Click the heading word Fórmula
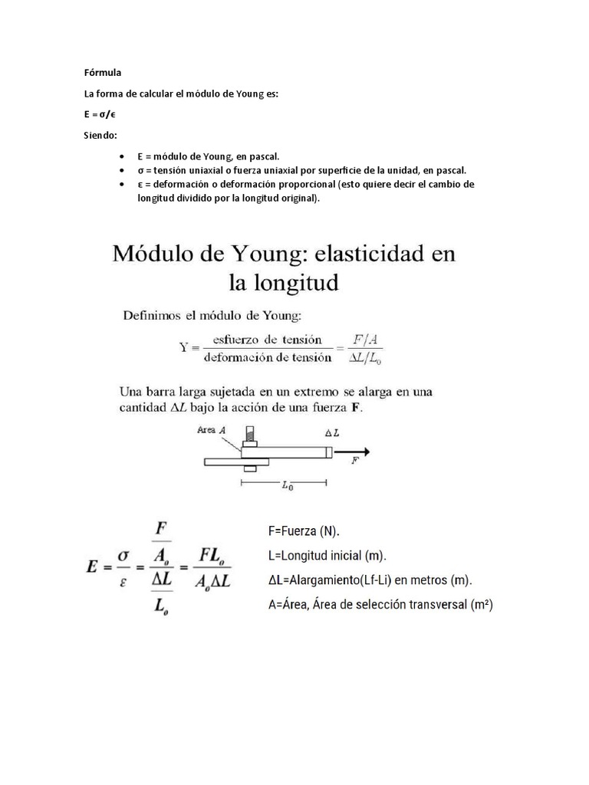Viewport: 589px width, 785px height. click(97, 73)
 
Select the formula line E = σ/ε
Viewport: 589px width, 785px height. click(100, 114)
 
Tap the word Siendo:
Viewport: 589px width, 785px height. click(99, 136)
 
